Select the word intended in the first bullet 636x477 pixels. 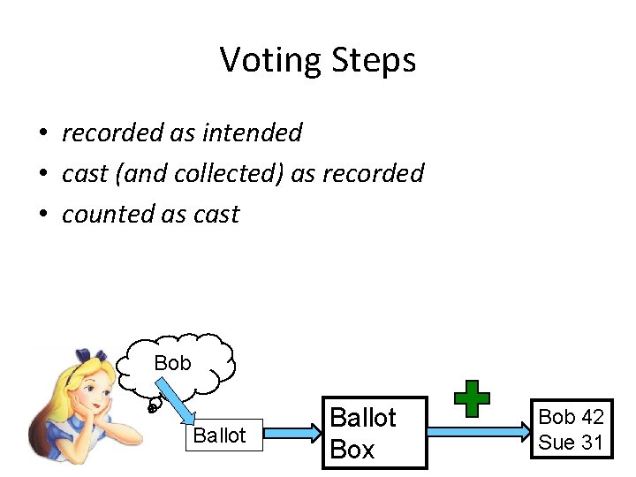[x=253, y=132]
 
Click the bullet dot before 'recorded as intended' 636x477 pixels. [x=42, y=133]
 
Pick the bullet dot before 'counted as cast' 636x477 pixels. [x=42, y=215]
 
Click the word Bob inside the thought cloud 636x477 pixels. [x=172, y=363]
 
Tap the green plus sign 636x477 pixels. [x=473, y=399]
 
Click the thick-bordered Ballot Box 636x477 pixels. [x=374, y=433]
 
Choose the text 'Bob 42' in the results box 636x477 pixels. [x=571, y=417]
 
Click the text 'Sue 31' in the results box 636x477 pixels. [x=571, y=443]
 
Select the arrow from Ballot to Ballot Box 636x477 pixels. [x=292, y=432]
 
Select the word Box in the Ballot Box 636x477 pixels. [x=352, y=450]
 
